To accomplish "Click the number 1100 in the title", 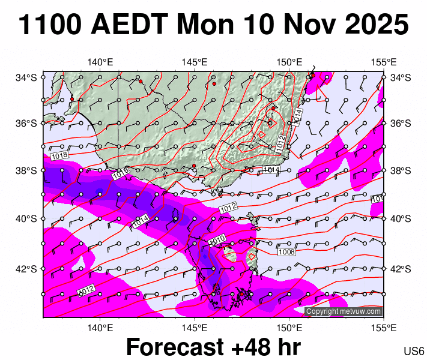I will [x=51, y=25].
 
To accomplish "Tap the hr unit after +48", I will [x=288, y=347].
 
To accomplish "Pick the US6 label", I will [x=414, y=351].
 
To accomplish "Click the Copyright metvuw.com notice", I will [x=344, y=311].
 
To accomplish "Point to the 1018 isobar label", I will [x=60, y=156].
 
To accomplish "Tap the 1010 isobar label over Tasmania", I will [x=217, y=240].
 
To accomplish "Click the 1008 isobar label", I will [x=286, y=252].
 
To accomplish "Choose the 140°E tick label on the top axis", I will [x=100, y=62].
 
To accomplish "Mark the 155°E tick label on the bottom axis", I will [x=384, y=327].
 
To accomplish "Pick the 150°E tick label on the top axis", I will [x=289, y=62].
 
